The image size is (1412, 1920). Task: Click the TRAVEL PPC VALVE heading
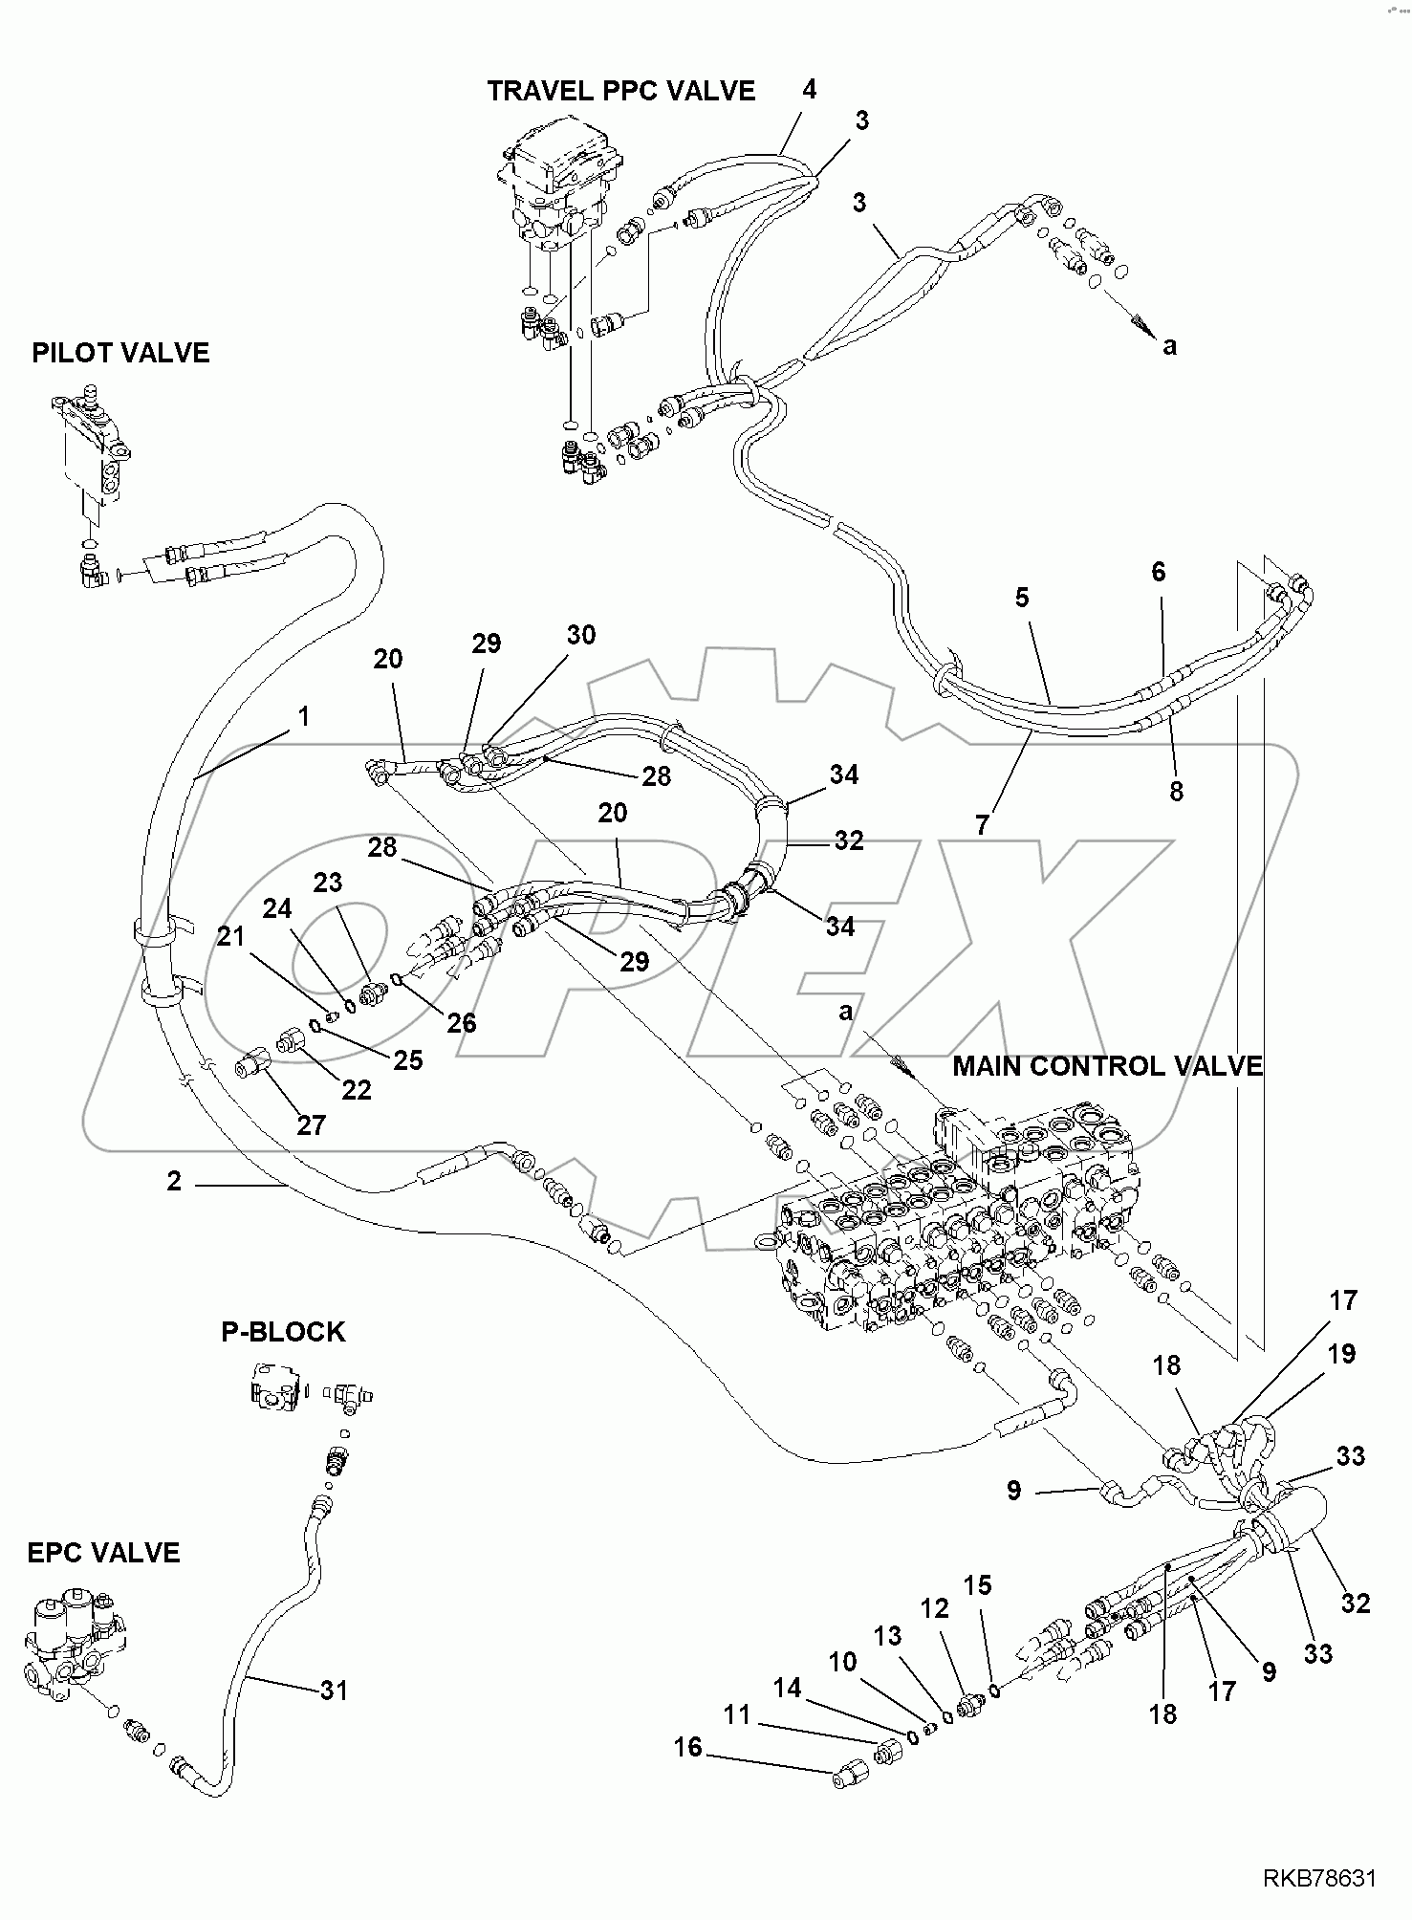coord(620,91)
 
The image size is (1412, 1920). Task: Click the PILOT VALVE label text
coord(120,353)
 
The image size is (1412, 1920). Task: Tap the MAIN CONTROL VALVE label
coord(1107,1066)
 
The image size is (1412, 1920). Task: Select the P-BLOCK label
coord(283,1332)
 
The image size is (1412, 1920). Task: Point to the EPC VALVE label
coord(103,1552)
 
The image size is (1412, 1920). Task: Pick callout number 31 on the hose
coord(334,1691)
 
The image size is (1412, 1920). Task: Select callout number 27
coord(311,1124)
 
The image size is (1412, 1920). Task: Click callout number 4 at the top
coord(809,90)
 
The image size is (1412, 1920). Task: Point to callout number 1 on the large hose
coord(303,716)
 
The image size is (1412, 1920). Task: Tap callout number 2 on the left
coord(173,1182)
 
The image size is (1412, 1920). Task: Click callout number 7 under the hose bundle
coord(984,825)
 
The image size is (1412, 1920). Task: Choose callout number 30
coord(580,635)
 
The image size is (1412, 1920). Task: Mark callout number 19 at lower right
coord(1341,1354)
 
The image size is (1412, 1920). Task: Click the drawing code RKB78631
coord(1319,1879)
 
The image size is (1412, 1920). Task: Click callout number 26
coord(461,1022)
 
